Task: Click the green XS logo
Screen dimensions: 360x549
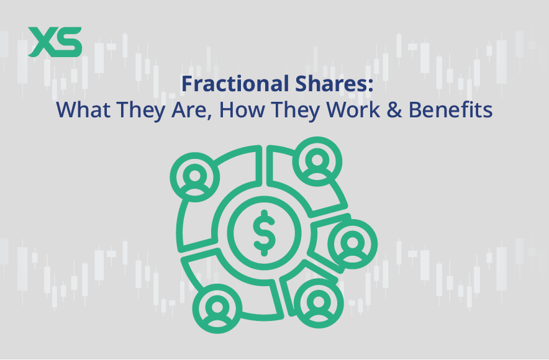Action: tap(55, 42)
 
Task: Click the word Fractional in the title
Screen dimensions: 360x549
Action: tap(226, 85)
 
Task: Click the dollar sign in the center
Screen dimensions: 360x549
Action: tap(261, 232)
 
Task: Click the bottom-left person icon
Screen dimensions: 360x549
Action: tap(217, 308)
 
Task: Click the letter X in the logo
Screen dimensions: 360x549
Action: tap(42, 42)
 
